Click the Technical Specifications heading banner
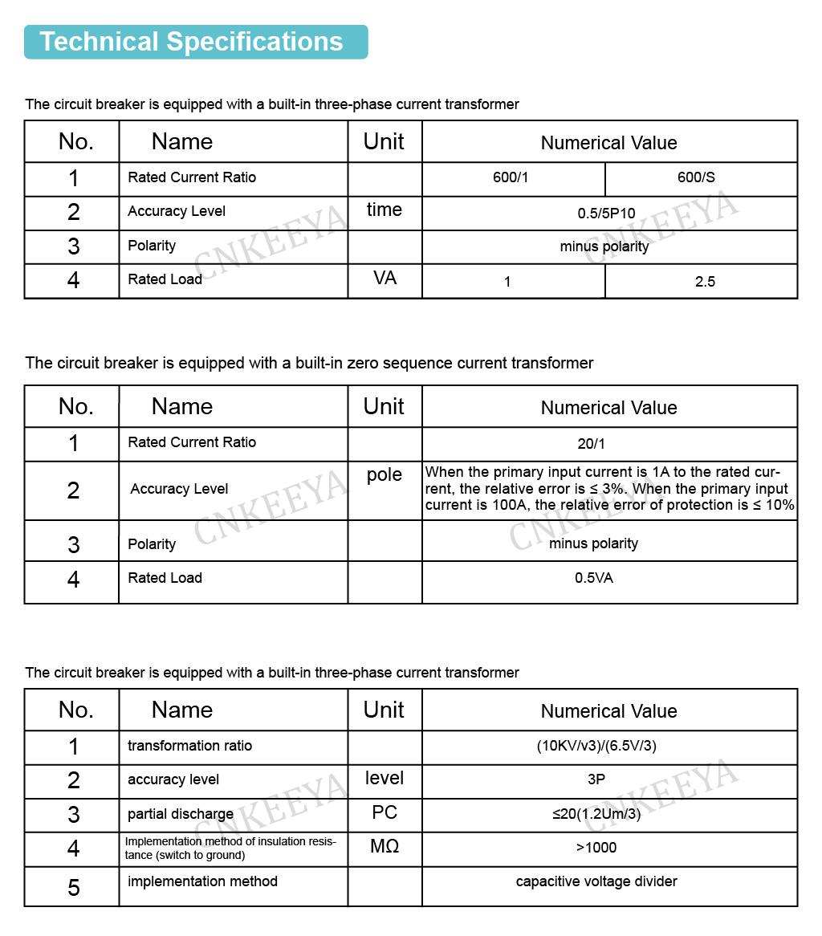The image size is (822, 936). click(x=195, y=42)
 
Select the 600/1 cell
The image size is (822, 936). click(x=511, y=177)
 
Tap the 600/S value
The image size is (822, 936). click(x=696, y=177)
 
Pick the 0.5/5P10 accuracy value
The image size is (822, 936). click(x=606, y=214)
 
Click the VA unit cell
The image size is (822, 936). click(x=385, y=279)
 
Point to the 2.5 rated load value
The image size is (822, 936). click(x=705, y=282)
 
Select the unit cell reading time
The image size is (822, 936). click(x=385, y=210)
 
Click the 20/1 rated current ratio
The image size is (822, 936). click(x=593, y=442)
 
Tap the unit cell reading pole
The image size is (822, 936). click(x=385, y=474)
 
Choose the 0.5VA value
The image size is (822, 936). click(x=593, y=578)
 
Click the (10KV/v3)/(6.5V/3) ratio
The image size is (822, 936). click(x=596, y=746)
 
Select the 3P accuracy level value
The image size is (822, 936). click(x=596, y=779)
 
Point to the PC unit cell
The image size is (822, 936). click(x=385, y=812)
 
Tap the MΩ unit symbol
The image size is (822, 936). click(x=385, y=846)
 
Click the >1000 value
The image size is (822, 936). click(x=596, y=848)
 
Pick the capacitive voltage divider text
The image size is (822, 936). click(x=596, y=881)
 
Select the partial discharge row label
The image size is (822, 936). click(x=181, y=814)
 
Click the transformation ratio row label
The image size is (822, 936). click(x=189, y=746)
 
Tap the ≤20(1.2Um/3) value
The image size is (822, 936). click(x=596, y=814)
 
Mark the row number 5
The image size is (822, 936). click(x=74, y=888)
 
